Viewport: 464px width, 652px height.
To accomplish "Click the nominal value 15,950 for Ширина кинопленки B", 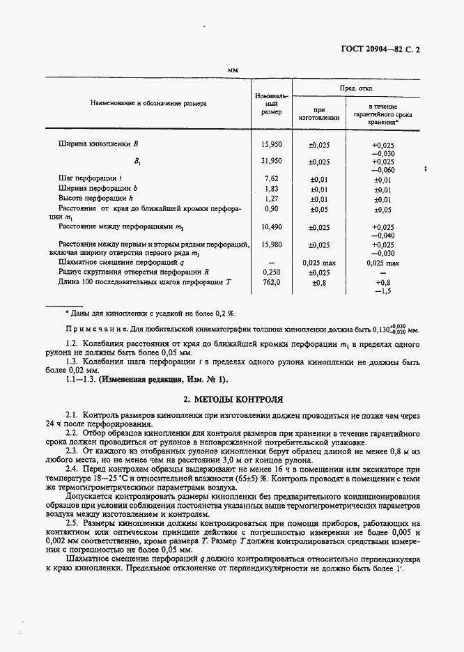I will [x=271, y=144].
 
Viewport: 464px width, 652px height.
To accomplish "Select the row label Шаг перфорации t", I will [x=91, y=179].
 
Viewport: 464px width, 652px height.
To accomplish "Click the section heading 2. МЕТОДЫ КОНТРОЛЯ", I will [x=232, y=400].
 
